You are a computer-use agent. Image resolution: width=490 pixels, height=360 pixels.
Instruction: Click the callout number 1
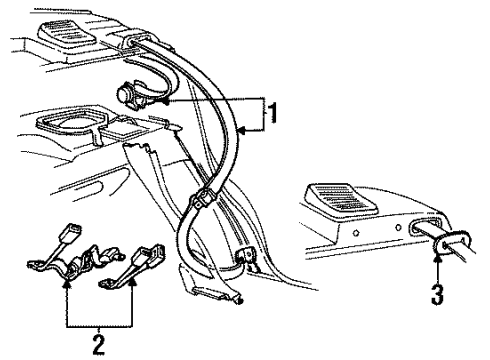(273, 113)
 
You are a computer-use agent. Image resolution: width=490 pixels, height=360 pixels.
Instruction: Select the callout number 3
(437, 295)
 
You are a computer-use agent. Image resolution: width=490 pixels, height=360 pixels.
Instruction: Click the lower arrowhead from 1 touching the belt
(242, 131)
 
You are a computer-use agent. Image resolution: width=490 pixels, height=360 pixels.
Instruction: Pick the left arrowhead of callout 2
(68, 284)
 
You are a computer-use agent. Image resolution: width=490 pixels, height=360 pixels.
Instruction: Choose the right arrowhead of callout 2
(133, 282)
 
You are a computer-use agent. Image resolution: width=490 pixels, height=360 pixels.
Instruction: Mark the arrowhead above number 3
(438, 256)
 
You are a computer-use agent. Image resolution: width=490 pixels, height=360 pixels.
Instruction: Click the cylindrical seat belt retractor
(128, 95)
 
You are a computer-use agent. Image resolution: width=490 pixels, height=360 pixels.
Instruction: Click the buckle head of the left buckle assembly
(70, 231)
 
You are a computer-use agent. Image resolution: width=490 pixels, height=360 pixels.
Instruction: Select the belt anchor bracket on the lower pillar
(245, 256)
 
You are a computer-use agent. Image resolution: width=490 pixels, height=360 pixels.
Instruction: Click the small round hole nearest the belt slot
(398, 228)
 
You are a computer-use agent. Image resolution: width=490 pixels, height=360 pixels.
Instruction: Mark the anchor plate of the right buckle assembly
(107, 283)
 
